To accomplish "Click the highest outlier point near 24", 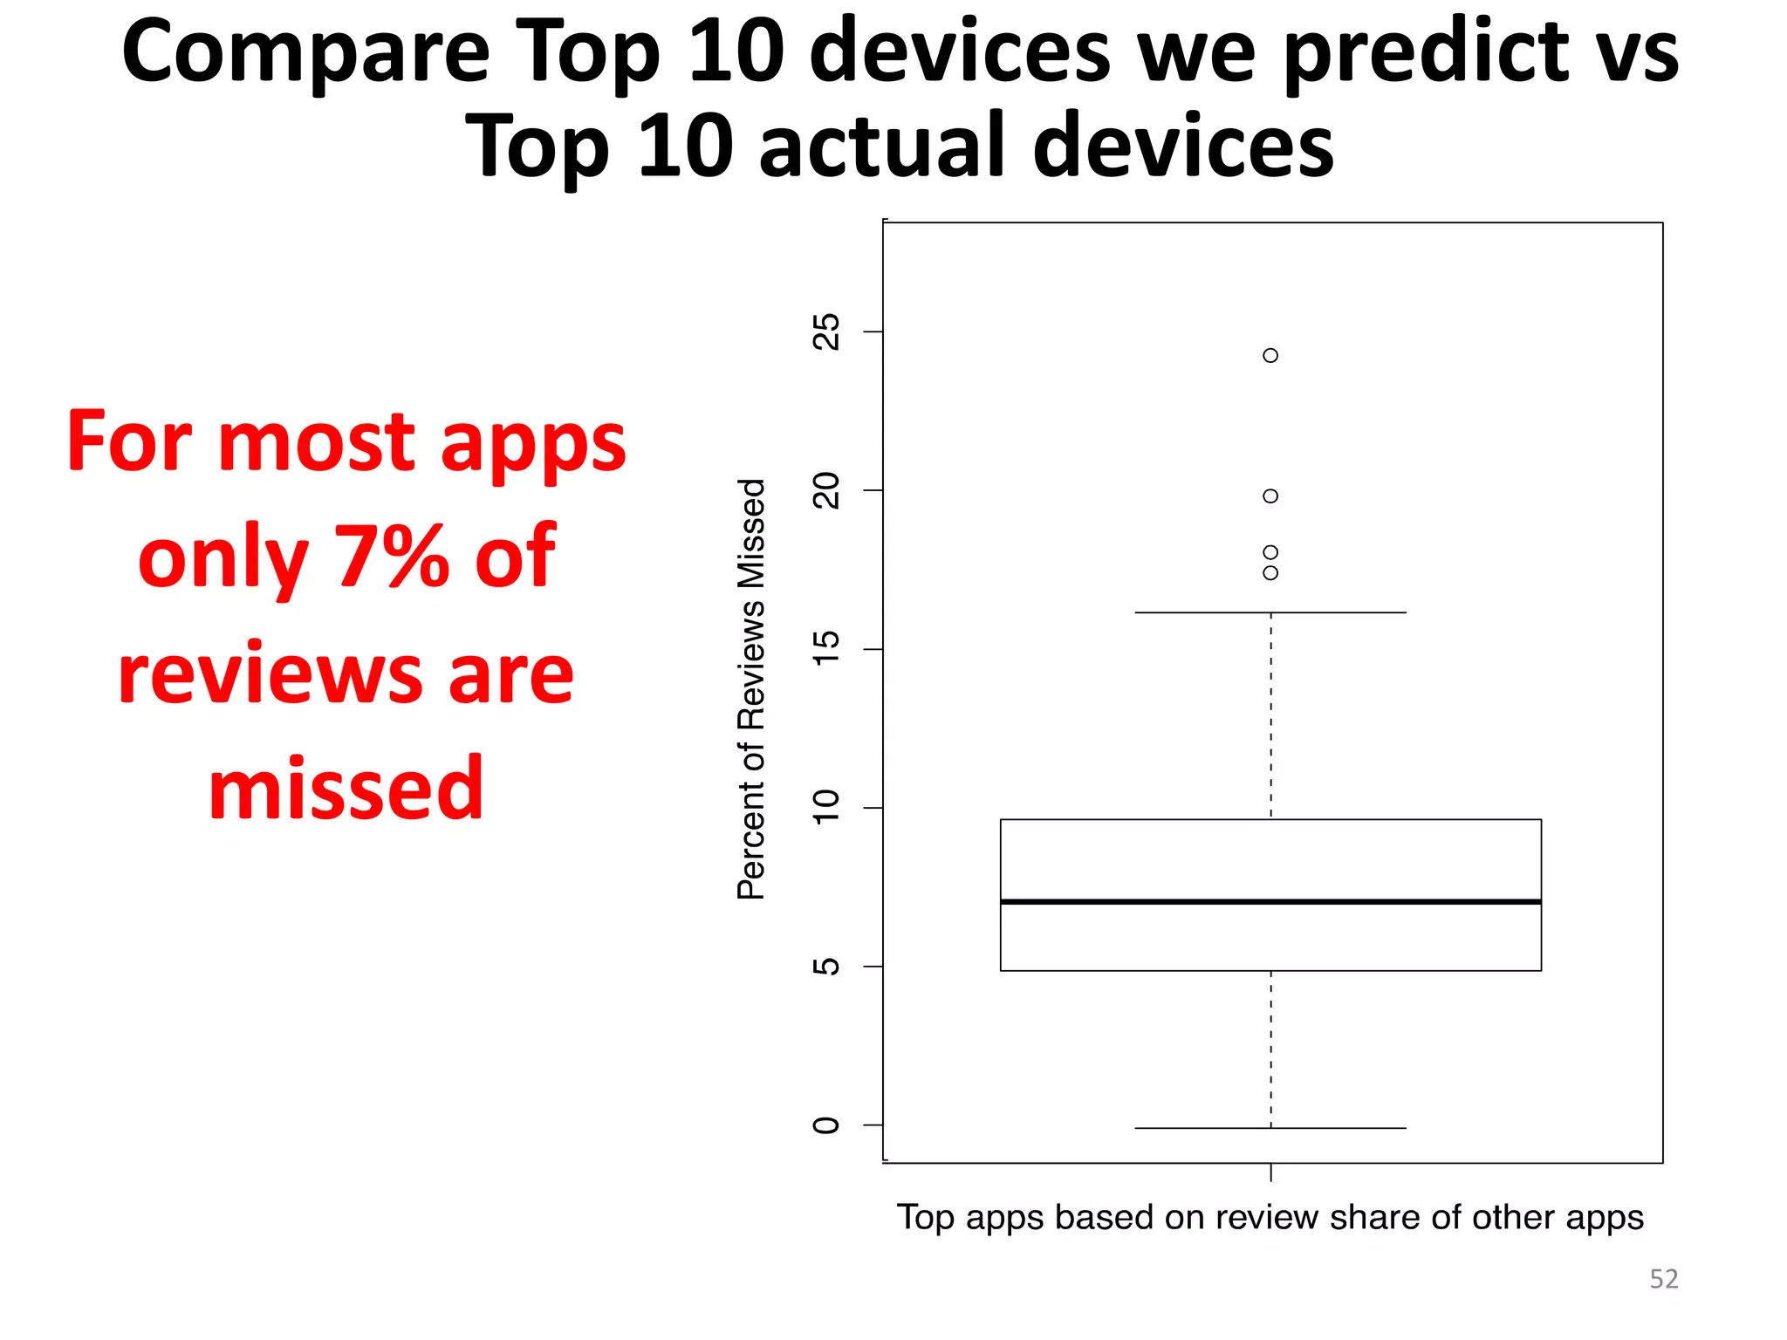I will [x=1270, y=355].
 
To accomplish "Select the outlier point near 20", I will [x=1270, y=496].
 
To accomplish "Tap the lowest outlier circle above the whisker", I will [x=1270, y=573].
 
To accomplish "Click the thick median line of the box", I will [x=1270, y=901].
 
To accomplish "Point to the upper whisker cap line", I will [x=1270, y=612].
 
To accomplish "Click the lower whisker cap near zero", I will [x=1270, y=1128].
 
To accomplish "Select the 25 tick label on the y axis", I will [x=825, y=332].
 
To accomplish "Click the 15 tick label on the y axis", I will [x=825, y=649].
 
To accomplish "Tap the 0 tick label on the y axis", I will [x=825, y=1125].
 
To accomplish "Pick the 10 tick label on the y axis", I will [x=825, y=808].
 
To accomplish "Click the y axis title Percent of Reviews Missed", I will [x=751, y=689].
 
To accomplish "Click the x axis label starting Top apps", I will [x=1270, y=1217].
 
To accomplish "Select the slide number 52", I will [x=1663, y=1279].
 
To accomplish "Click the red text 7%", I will [x=391, y=557].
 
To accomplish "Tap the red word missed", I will [x=346, y=789].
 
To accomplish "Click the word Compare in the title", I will [x=305, y=54].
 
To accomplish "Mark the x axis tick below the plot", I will [x=1270, y=1172].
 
